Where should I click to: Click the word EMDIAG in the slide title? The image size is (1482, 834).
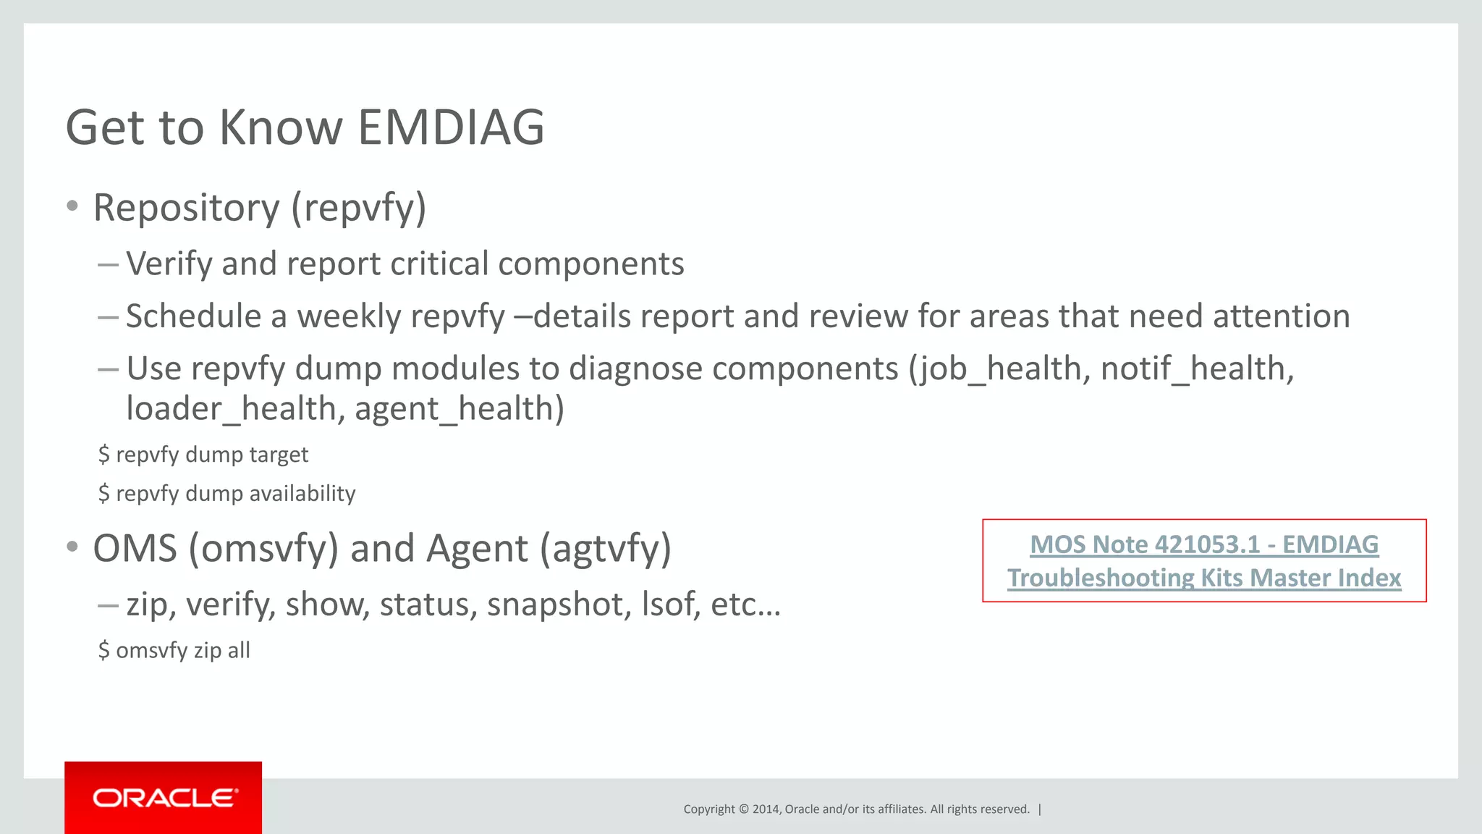pyautogui.click(x=450, y=127)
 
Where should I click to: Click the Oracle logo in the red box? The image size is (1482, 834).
pyautogui.click(x=164, y=798)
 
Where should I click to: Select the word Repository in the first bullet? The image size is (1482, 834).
pyautogui.click(x=186, y=208)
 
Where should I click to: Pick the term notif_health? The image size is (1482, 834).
pyautogui.click(x=1195, y=368)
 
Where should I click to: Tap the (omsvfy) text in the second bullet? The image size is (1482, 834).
pyautogui.click(x=263, y=549)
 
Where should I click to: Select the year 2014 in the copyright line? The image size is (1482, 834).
pyautogui.click(x=765, y=809)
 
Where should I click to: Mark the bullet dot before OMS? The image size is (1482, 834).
pyautogui.click(x=72, y=547)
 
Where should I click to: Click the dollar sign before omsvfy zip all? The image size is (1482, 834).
pyautogui.click(x=104, y=650)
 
